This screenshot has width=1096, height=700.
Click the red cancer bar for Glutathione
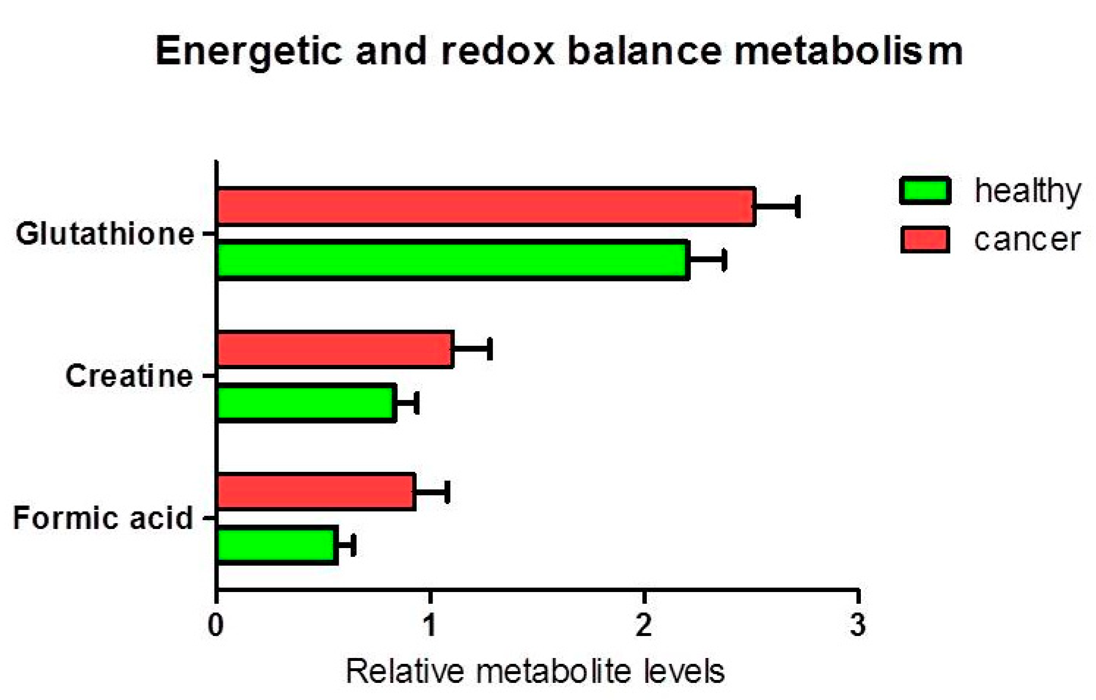click(486, 207)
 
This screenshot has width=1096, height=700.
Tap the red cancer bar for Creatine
click(335, 349)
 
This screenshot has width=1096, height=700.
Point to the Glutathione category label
click(105, 234)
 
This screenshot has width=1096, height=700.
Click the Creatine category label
click(129, 376)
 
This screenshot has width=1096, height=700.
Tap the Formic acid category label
click(103, 518)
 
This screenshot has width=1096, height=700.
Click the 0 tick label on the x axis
click(216, 624)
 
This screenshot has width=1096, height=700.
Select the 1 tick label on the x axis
click(430, 624)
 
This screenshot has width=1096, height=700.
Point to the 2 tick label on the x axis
click(644, 624)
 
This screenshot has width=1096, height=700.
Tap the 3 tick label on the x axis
click(858, 624)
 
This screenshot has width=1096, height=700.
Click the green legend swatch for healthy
click(925, 191)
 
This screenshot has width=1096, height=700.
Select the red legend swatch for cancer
click(925, 240)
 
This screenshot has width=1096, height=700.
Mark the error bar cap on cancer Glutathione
click(798, 207)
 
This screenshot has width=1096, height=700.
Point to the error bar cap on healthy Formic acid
click(353, 545)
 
